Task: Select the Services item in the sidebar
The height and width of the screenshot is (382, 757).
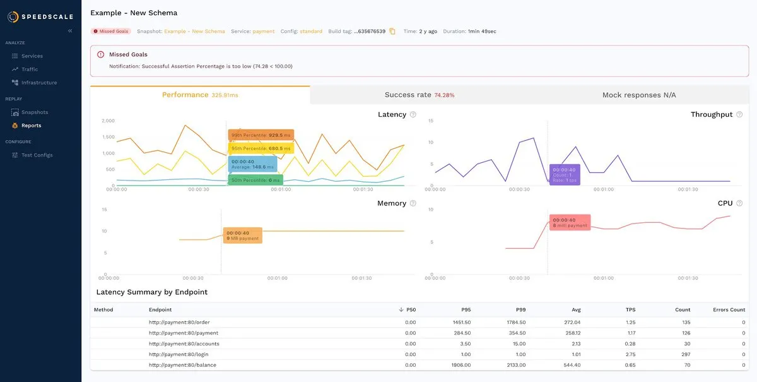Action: (x=32, y=56)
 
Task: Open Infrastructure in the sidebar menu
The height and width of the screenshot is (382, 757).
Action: (x=38, y=83)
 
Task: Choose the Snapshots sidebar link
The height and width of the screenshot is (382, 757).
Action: (x=34, y=112)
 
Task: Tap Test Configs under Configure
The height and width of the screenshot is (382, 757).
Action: (x=37, y=155)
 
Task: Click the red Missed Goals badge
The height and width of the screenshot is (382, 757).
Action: (x=111, y=31)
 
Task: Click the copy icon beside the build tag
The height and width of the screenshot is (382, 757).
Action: (x=392, y=31)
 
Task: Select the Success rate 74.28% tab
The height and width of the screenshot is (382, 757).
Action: (x=419, y=95)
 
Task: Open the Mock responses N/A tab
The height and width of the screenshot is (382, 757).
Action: (x=638, y=95)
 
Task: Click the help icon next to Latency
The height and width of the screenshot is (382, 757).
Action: (x=413, y=114)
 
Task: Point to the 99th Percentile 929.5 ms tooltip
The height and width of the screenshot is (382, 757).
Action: (x=261, y=135)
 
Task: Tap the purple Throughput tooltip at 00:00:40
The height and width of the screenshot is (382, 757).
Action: (x=564, y=174)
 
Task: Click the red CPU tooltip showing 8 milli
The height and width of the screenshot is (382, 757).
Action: (x=570, y=223)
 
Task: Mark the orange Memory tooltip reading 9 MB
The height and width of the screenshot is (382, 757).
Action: (x=242, y=236)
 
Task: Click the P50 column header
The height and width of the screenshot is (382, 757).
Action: (x=411, y=310)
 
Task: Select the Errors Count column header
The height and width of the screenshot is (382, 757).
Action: (x=729, y=310)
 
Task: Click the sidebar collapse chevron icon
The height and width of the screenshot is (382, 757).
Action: (x=70, y=30)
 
